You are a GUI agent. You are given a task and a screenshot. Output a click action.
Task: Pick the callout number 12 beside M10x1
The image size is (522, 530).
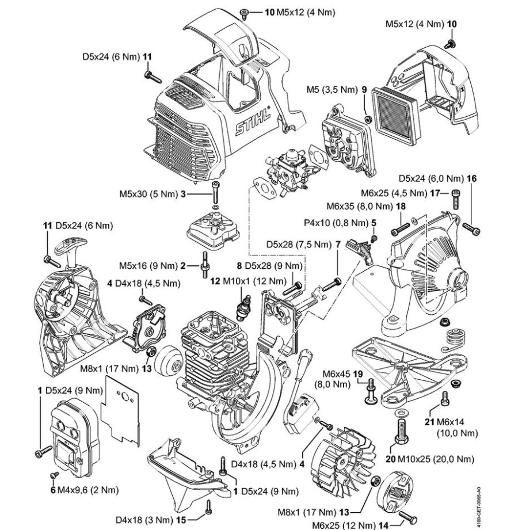pos(215,281)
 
